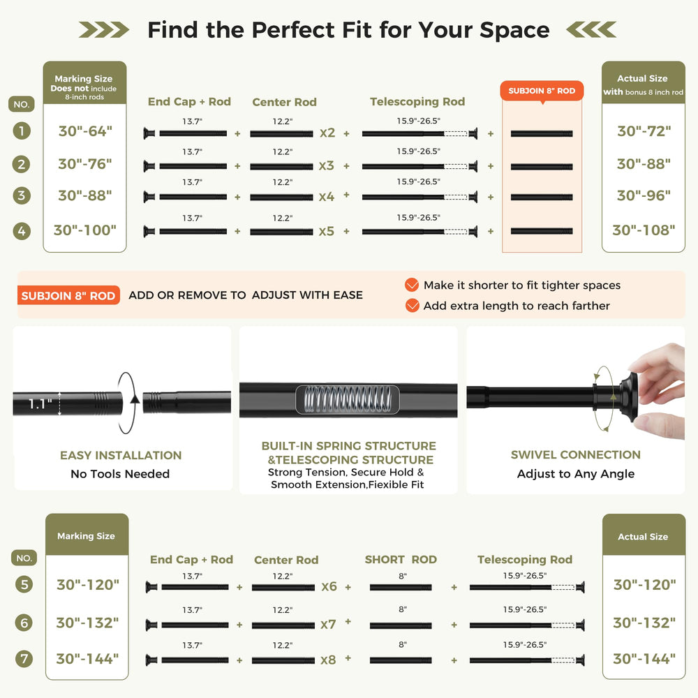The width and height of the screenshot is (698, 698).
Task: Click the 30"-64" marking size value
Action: click(85, 131)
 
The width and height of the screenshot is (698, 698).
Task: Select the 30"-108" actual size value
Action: click(644, 230)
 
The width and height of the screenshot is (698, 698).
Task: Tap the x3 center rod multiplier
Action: click(326, 165)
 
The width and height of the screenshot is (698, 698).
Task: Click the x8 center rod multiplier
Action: click(328, 660)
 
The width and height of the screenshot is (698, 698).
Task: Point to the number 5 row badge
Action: click(24, 584)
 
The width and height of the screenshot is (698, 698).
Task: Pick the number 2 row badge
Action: click(22, 164)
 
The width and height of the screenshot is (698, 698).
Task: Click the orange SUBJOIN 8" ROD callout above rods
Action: click(542, 91)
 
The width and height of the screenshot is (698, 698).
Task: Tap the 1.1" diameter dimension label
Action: click(40, 403)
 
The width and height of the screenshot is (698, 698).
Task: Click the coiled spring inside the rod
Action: click(348, 399)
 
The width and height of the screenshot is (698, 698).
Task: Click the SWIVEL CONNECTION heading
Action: click(576, 454)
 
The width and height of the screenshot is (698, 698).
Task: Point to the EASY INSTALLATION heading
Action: click(121, 455)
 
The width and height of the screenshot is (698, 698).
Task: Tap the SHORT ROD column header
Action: click(401, 560)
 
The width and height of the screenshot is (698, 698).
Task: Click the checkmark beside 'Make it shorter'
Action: click(412, 285)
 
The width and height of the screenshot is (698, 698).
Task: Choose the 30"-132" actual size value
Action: click(644, 623)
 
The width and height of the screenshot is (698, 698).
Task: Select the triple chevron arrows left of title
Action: click(104, 30)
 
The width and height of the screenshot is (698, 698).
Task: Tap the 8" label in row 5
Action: click(403, 576)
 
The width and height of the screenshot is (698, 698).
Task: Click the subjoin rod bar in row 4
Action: click(542, 231)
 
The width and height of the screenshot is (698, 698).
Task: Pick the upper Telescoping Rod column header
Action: click(417, 102)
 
